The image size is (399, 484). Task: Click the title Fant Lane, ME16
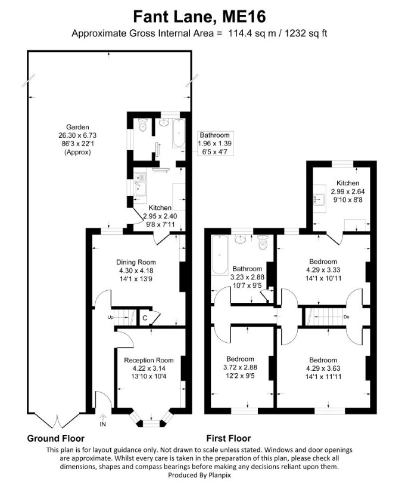tap(199, 17)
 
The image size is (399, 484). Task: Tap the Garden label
tap(77, 127)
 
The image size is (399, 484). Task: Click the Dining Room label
tap(136, 262)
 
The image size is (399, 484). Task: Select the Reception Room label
tap(149, 360)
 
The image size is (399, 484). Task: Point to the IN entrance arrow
tap(102, 417)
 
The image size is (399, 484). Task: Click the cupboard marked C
tap(145, 318)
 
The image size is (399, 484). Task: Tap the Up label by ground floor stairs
tap(110, 317)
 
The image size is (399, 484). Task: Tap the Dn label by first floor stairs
tap(346, 317)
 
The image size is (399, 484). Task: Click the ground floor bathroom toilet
tap(142, 125)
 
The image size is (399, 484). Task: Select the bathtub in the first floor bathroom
tap(219, 255)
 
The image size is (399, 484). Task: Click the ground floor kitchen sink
tap(141, 185)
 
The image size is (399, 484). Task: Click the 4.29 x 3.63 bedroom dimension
tap(323, 368)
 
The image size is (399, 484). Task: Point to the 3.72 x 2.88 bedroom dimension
tap(240, 367)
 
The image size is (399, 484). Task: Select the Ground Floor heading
tap(56, 438)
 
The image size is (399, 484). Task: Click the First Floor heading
tap(229, 438)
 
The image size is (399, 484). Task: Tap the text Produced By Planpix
tap(199, 474)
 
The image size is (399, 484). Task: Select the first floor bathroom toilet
tap(263, 243)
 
